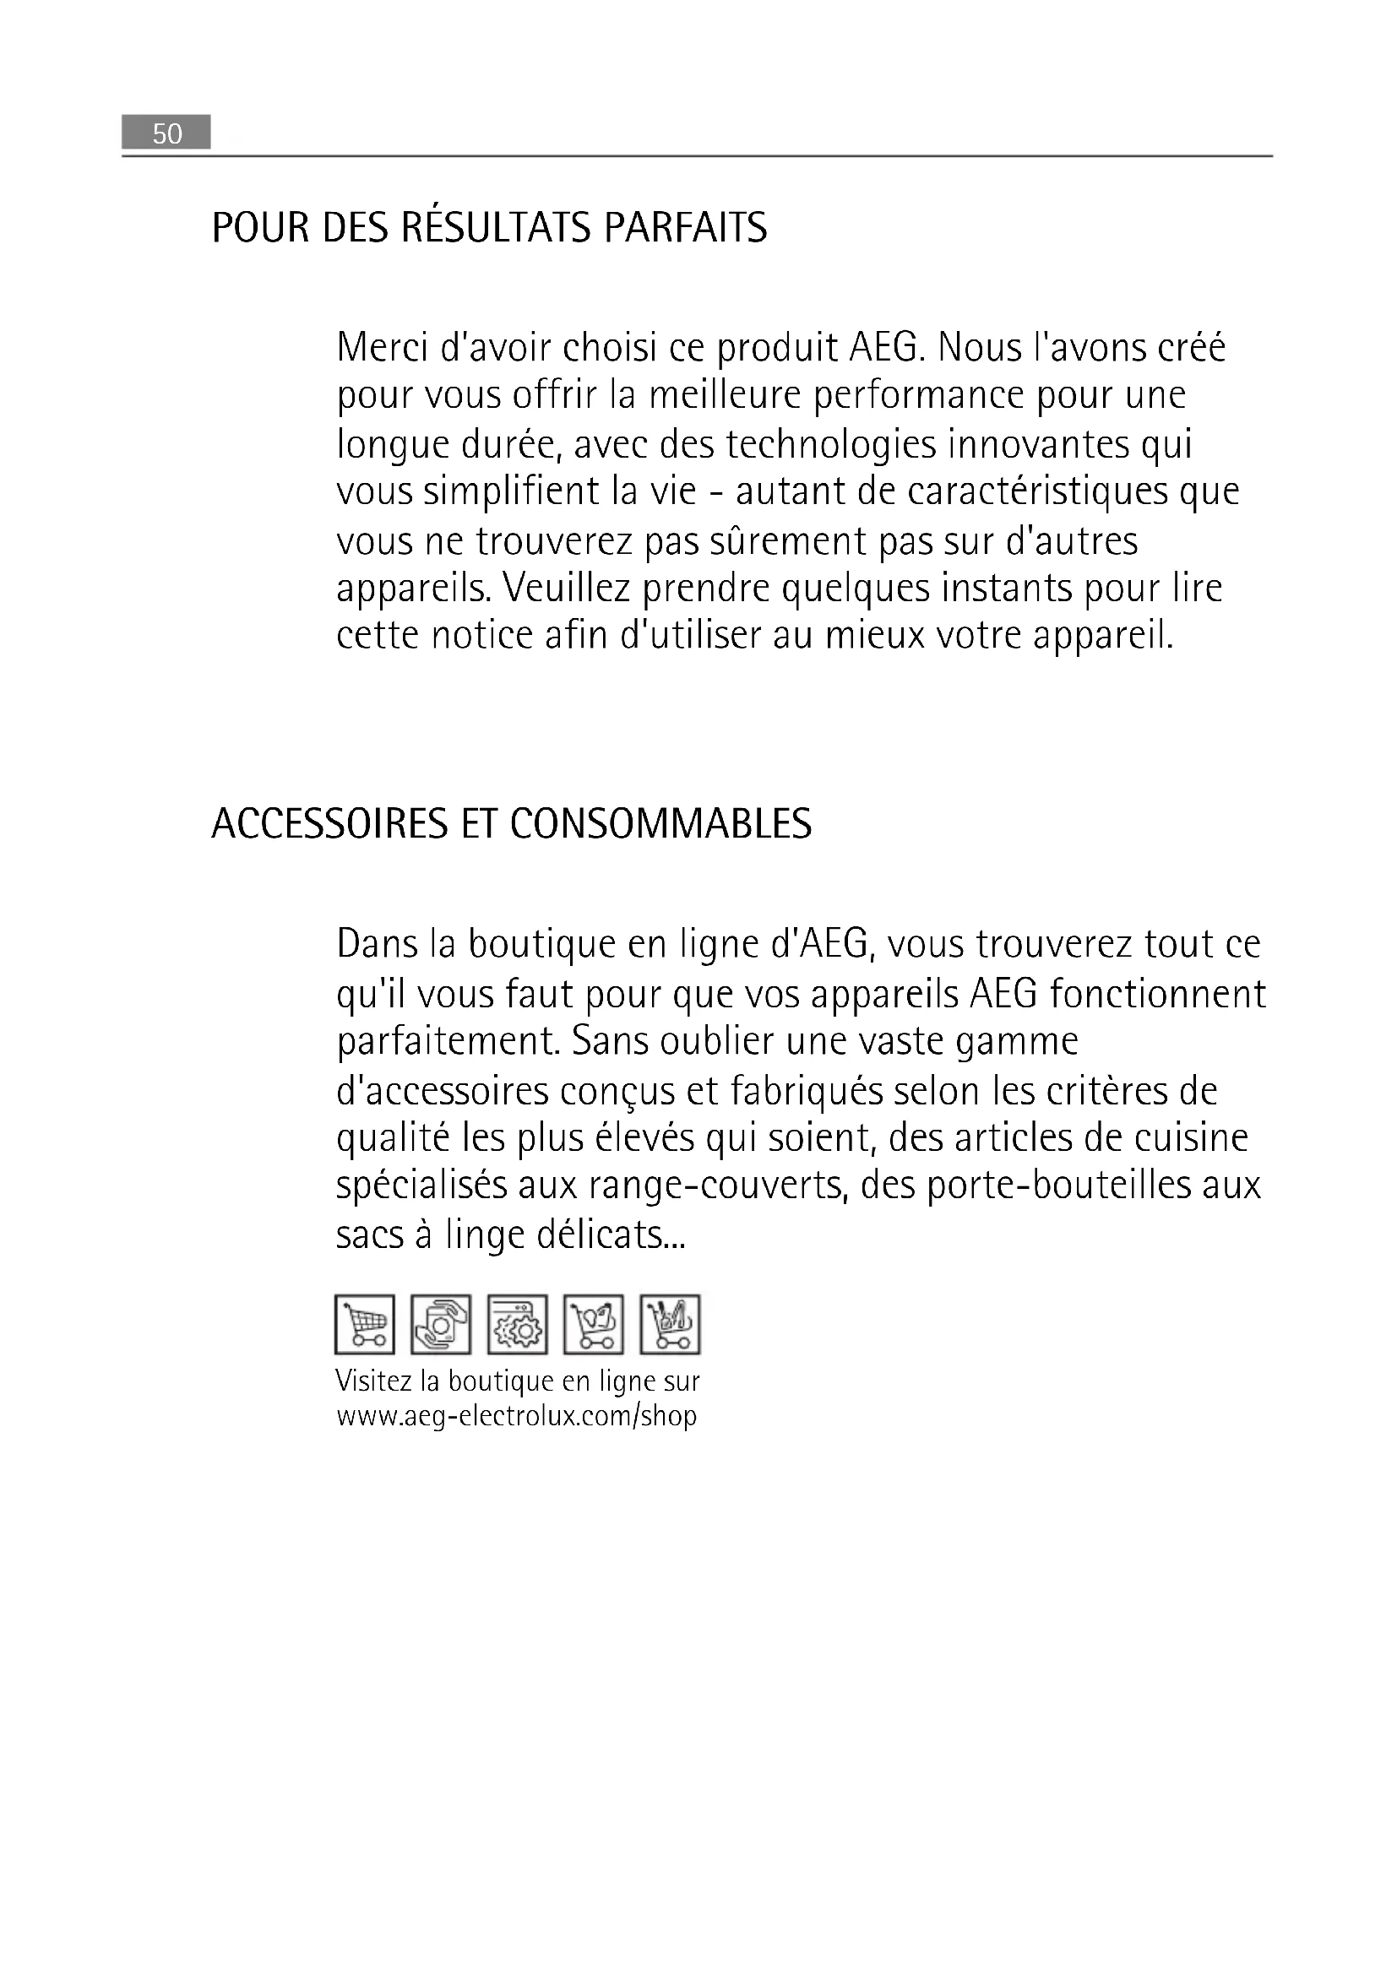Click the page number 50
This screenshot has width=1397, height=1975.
coord(167,133)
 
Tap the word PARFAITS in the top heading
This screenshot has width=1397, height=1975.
coord(686,228)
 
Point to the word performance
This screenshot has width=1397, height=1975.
coord(919,396)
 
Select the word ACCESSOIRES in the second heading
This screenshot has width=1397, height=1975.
coord(330,824)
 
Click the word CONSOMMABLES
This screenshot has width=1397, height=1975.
coord(660,824)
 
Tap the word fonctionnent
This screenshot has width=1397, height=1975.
coord(1157,995)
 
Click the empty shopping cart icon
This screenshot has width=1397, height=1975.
coord(365,1324)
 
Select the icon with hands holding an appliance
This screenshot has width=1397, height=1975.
coord(440,1324)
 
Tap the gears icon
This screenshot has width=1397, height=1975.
coord(517,1324)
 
